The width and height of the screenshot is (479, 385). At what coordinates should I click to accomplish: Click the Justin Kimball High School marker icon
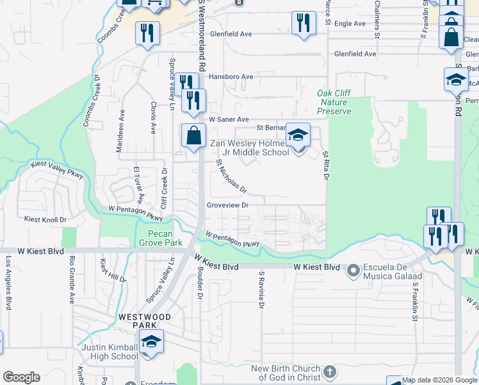coord(151,342)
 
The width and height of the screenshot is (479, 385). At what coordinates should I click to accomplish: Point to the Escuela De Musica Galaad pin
coord(353,271)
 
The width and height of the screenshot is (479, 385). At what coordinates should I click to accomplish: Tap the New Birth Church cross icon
coord(329,372)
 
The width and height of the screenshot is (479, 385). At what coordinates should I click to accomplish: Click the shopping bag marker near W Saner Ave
coord(193,136)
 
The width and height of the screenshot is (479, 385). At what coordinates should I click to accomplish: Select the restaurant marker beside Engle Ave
coord(304,24)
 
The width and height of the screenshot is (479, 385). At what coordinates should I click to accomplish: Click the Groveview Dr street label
coord(227,205)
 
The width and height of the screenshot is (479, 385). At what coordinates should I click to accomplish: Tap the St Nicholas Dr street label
coord(231,176)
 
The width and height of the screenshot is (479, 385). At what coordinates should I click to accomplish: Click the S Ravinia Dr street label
coord(261,290)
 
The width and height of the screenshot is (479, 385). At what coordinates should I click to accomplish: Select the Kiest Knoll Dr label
coord(45,219)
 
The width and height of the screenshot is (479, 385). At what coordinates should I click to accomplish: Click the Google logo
coord(21,377)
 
